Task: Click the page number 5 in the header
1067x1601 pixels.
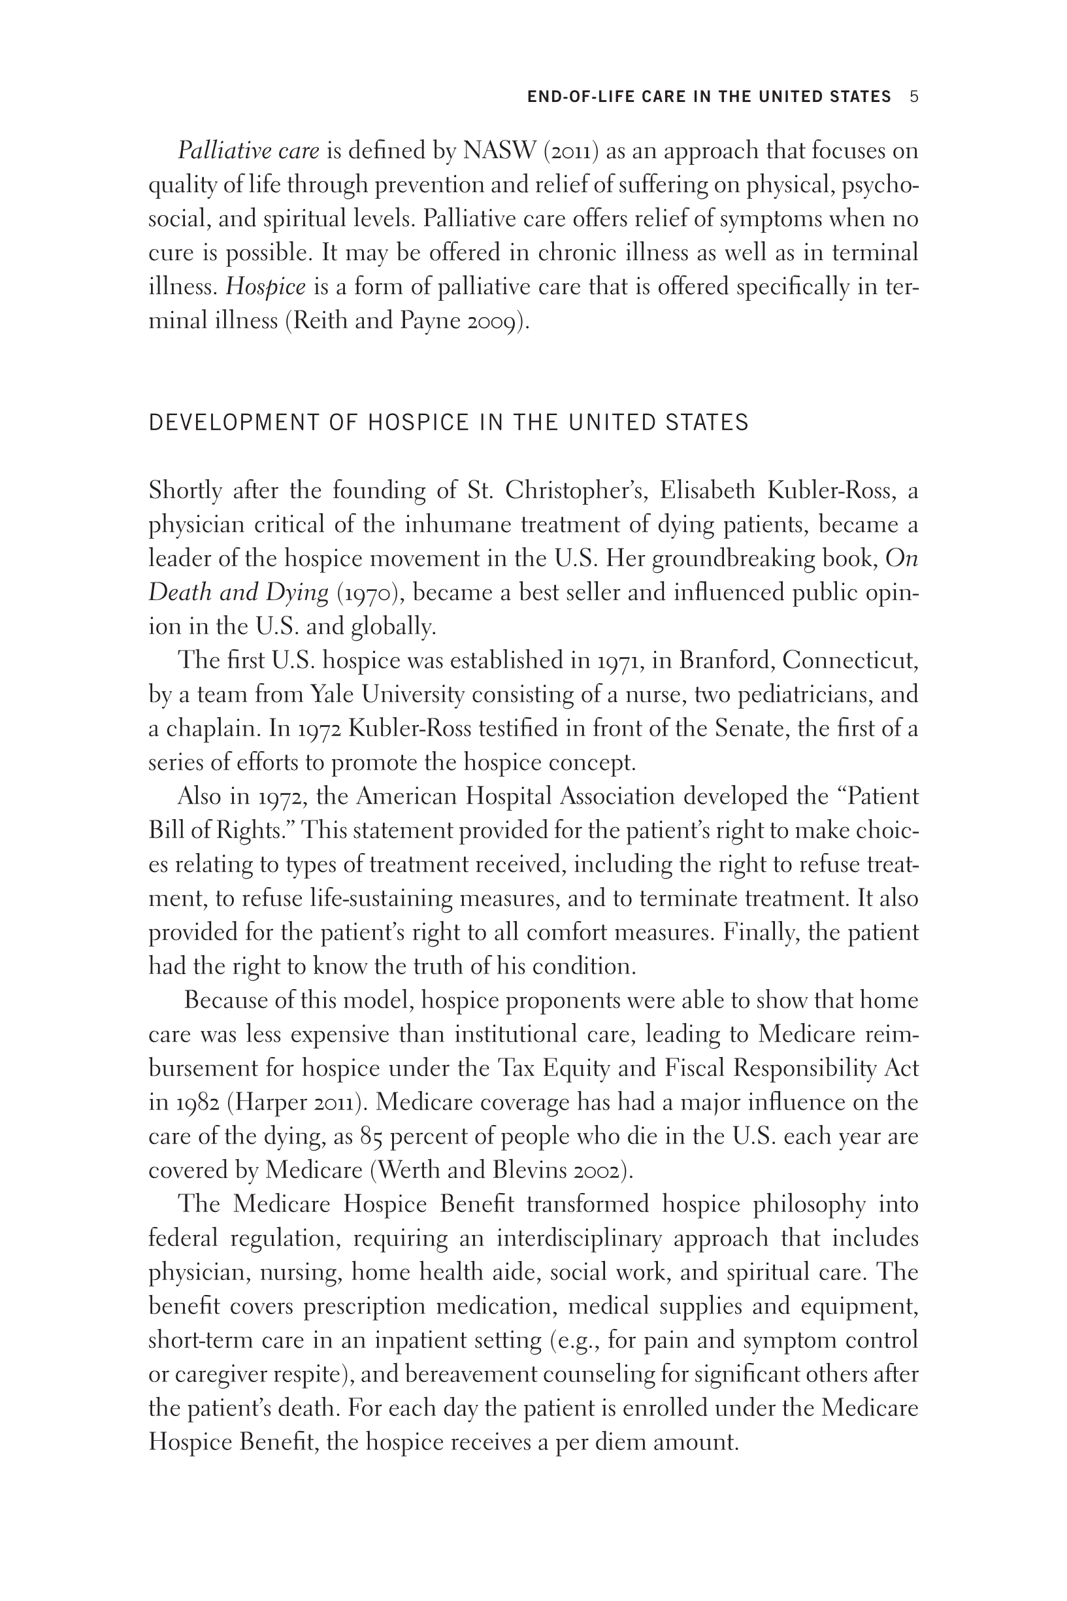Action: pyautogui.click(x=914, y=97)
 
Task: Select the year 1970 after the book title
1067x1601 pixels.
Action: pyautogui.click(x=368, y=593)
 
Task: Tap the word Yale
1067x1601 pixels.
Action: pyautogui.click(x=332, y=694)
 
